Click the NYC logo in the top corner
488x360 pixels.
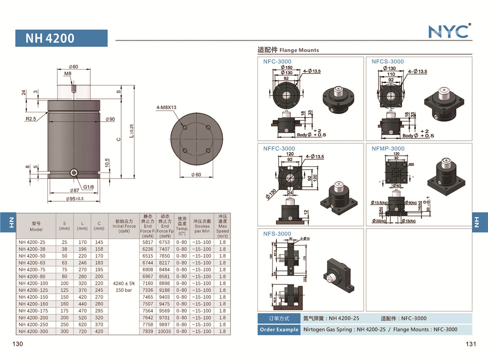click(449, 31)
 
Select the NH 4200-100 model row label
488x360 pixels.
click(33, 284)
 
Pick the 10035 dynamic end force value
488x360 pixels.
click(165, 332)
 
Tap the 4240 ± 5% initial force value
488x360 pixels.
click(124, 284)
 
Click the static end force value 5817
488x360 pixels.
click(148, 242)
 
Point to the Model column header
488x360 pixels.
click(36, 227)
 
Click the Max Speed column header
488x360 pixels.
click(222, 226)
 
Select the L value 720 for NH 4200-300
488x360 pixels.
click(82, 332)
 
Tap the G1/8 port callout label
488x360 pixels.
click(89, 187)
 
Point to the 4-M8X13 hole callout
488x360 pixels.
click(166, 108)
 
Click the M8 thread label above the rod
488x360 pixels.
click(68, 74)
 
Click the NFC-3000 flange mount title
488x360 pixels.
click(277, 61)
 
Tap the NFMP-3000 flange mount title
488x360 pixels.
click(388, 148)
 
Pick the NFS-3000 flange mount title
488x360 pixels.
click(277, 233)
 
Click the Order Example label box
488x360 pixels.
click(279, 329)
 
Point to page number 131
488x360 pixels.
click(471, 344)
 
